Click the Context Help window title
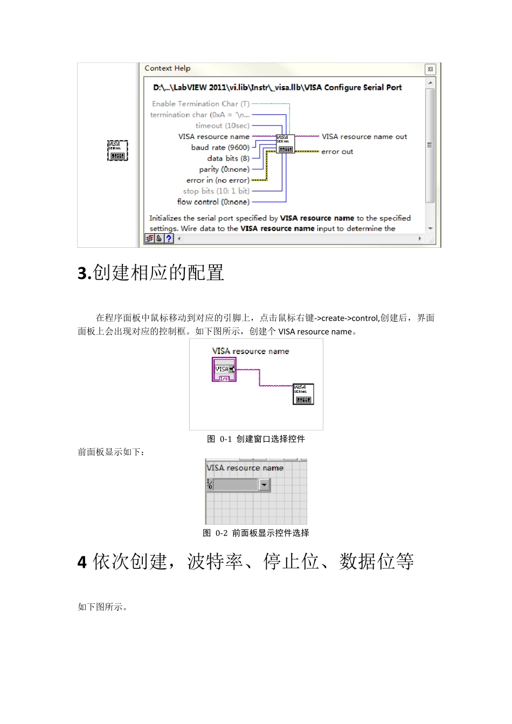[x=168, y=68]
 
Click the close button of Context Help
[x=430, y=69]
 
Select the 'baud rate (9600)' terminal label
[x=220, y=148]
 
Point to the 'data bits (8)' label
[x=228, y=158]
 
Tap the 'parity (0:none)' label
[x=224, y=169]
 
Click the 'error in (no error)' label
[x=218, y=180]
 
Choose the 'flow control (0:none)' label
[x=213, y=202]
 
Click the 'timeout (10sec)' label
[x=222, y=126]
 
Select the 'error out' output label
[x=337, y=152]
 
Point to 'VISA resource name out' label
[x=364, y=137]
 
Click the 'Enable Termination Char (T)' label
[x=200, y=104]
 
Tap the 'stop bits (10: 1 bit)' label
[x=216, y=191]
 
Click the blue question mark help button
[x=169, y=238]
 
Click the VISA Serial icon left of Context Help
[x=117, y=150]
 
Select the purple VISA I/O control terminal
[x=224, y=370]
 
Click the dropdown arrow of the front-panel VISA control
[x=264, y=485]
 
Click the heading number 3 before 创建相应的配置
[x=84, y=274]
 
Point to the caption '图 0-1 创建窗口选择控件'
[x=256, y=439]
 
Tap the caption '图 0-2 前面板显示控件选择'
[x=256, y=533]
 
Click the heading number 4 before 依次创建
[x=82, y=562]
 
